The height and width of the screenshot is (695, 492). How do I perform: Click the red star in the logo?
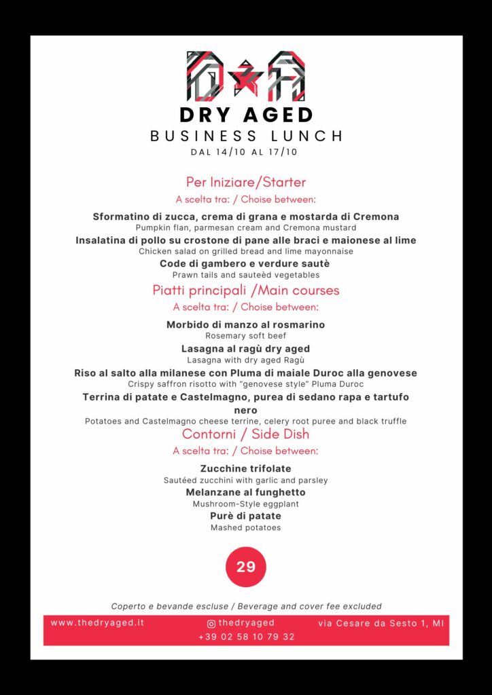pyautogui.click(x=246, y=74)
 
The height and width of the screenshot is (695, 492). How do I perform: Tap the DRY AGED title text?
pyautogui.click(x=246, y=114)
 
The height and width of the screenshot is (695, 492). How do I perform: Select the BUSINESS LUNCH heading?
pyautogui.click(x=246, y=136)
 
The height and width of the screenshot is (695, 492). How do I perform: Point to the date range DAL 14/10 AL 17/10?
pyautogui.click(x=246, y=152)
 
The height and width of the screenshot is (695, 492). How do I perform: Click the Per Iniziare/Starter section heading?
pyautogui.click(x=246, y=182)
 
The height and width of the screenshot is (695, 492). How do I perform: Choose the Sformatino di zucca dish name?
pyautogui.click(x=246, y=217)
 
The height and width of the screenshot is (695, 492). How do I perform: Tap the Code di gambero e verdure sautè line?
pyautogui.click(x=246, y=263)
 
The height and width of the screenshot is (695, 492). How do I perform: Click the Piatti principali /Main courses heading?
pyautogui.click(x=246, y=290)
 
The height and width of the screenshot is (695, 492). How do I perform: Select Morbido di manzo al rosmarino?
pyautogui.click(x=246, y=324)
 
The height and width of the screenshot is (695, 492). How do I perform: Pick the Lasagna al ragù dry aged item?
pyautogui.click(x=246, y=349)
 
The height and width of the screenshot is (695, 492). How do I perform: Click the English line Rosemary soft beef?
pyautogui.click(x=246, y=335)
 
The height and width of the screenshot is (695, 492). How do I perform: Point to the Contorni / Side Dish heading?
pyautogui.click(x=246, y=434)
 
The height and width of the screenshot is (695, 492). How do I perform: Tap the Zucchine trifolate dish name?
pyautogui.click(x=246, y=468)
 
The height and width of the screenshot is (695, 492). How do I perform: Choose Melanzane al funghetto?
pyautogui.click(x=246, y=492)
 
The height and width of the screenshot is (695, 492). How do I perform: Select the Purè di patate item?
pyautogui.click(x=246, y=516)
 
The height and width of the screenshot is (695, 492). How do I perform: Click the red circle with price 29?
pyautogui.click(x=246, y=567)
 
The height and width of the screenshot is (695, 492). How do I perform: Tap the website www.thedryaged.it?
pyautogui.click(x=97, y=622)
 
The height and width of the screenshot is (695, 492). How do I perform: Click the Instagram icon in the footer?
pyautogui.click(x=211, y=623)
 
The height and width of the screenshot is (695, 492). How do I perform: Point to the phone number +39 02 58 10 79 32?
pyautogui.click(x=246, y=637)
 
